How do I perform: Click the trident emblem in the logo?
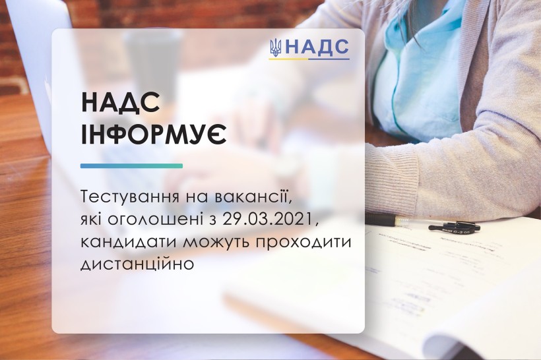click(276, 48)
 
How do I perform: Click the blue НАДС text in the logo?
click(317, 47)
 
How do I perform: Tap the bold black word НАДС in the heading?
click(121, 103)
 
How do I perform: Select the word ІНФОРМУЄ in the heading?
click(154, 133)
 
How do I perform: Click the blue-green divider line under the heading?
click(131, 166)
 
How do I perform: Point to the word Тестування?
click(131, 198)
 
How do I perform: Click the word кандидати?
click(129, 242)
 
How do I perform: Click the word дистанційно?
click(137, 264)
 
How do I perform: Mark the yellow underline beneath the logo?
click(289, 59)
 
